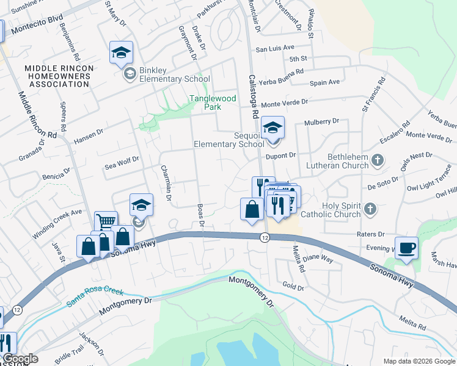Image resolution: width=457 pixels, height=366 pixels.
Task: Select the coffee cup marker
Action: [406, 249]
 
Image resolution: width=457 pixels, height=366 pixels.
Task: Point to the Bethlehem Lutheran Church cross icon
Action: [378, 160]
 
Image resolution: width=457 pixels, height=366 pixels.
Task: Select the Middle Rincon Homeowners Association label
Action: [58, 76]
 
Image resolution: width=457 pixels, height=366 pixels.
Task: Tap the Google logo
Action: [20, 359]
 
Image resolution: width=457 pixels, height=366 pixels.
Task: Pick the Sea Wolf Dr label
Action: [122, 160]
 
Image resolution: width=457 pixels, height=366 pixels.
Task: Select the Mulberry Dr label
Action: [321, 122]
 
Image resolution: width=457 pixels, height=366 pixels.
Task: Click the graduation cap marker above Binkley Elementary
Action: [121, 52]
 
